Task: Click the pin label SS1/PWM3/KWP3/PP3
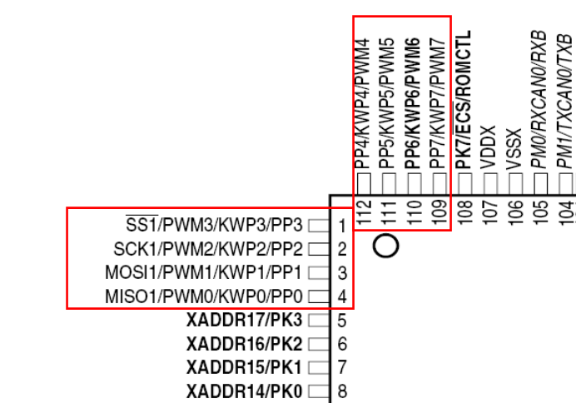[x=214, y=225]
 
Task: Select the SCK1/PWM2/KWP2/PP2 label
[x=208, y=249]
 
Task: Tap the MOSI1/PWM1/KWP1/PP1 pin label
[x=204, y=272]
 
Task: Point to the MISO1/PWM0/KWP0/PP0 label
[x=204, y=296]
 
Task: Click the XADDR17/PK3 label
[x=245, y=320]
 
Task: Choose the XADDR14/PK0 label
[x=245, y=391]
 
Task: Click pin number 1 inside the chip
[x=342, y=226]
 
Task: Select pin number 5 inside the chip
[x=342, y=321]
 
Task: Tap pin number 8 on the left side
[x=342, y=391]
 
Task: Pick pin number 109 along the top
[x=439, y=211]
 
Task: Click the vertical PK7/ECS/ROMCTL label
[x=464, y=100]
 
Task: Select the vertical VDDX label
[x=489, y=147]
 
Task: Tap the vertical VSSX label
[x=514, y=148]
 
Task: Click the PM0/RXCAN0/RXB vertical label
[x=539, y=100]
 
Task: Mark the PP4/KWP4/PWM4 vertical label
[x=362, y=103]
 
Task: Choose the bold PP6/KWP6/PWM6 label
[x=413, y=103]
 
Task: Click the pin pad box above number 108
[x=465, y=184]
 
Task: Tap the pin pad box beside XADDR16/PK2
[x=319, y=344]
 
